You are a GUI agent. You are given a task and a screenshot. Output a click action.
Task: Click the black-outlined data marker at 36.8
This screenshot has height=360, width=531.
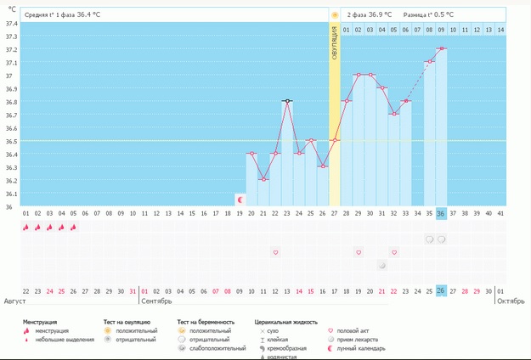287,101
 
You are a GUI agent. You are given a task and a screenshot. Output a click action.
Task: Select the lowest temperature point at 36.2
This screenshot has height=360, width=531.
263,179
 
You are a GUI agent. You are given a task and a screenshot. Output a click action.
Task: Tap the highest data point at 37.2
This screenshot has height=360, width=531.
442,48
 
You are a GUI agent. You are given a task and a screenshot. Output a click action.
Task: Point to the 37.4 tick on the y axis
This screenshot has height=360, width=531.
10,23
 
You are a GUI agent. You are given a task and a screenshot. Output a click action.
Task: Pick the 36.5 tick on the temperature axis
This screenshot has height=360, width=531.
10,141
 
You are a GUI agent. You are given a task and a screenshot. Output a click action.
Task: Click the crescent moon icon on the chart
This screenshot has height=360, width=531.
240,200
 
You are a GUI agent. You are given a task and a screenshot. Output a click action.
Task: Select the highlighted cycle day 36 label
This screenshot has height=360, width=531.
442,213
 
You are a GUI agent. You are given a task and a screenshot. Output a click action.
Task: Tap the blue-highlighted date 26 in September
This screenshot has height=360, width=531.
442,291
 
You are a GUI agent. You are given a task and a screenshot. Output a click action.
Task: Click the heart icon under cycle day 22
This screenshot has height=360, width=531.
275,252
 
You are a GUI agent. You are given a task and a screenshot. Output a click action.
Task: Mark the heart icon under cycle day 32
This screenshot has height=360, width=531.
394,252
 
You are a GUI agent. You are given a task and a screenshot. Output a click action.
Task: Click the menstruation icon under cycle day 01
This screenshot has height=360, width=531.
25,227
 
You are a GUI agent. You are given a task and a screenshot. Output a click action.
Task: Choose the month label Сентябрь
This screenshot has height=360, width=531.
156,301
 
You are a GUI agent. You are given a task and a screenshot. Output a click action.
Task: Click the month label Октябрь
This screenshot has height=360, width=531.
510,301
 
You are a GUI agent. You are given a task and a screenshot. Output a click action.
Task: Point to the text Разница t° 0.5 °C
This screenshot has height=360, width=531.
429,14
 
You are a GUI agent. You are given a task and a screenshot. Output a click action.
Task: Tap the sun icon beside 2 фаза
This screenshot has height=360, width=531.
335,14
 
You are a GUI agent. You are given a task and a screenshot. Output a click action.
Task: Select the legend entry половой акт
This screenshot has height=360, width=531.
353,331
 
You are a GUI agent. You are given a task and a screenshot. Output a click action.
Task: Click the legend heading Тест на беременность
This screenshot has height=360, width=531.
206,323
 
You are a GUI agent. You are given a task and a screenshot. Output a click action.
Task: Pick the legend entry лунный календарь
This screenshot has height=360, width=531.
360,348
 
